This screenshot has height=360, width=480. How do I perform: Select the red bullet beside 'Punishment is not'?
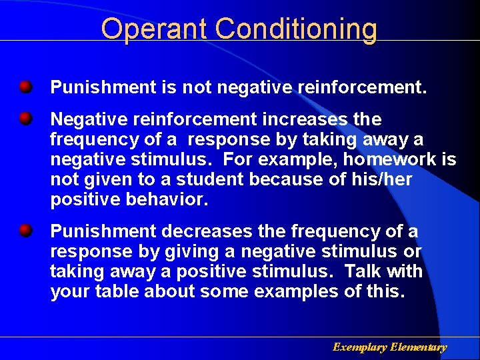tap(25, 87)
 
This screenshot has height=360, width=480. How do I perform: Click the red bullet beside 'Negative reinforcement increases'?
tap(25, 119)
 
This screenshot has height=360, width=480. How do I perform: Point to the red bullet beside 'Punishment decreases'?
tap(25, 231)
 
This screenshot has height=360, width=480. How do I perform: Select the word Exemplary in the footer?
tap(360, 347)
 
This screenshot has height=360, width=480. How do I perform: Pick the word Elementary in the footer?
tap(419, 347)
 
